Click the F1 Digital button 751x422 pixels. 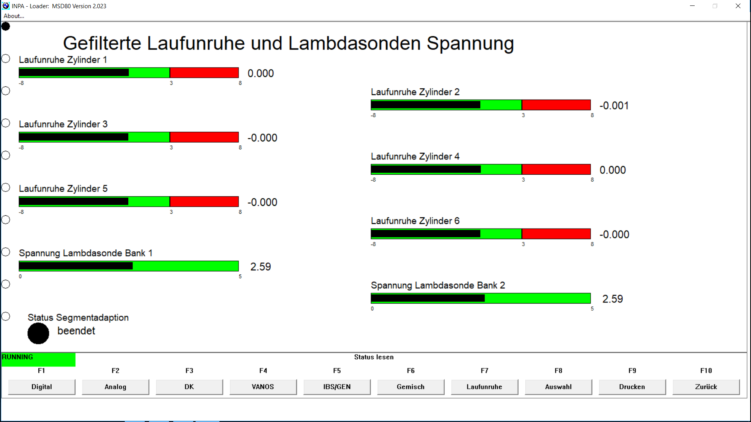coord(41,387)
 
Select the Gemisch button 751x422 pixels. coord(410,387)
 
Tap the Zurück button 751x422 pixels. coord(706,387)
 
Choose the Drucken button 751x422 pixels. coord(632,387)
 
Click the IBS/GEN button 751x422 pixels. coord(337,387)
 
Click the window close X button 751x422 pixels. coord(738,6)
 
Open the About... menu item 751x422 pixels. coord(14,16)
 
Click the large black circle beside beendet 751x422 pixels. coord(38,333)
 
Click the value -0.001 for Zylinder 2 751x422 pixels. coord(614,105)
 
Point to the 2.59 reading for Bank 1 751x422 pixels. coord(261,267)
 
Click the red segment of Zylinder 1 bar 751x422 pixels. coord(204,73)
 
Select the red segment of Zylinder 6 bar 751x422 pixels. coord(556,234)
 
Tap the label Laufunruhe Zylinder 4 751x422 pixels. coord(415,157)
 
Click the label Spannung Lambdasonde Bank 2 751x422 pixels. coord(438,286)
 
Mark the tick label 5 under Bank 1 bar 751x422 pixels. coord(240,277)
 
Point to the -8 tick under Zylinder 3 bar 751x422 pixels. coord(22,148)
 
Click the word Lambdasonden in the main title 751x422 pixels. coord(354,43)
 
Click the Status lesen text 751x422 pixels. coord(374,357)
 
